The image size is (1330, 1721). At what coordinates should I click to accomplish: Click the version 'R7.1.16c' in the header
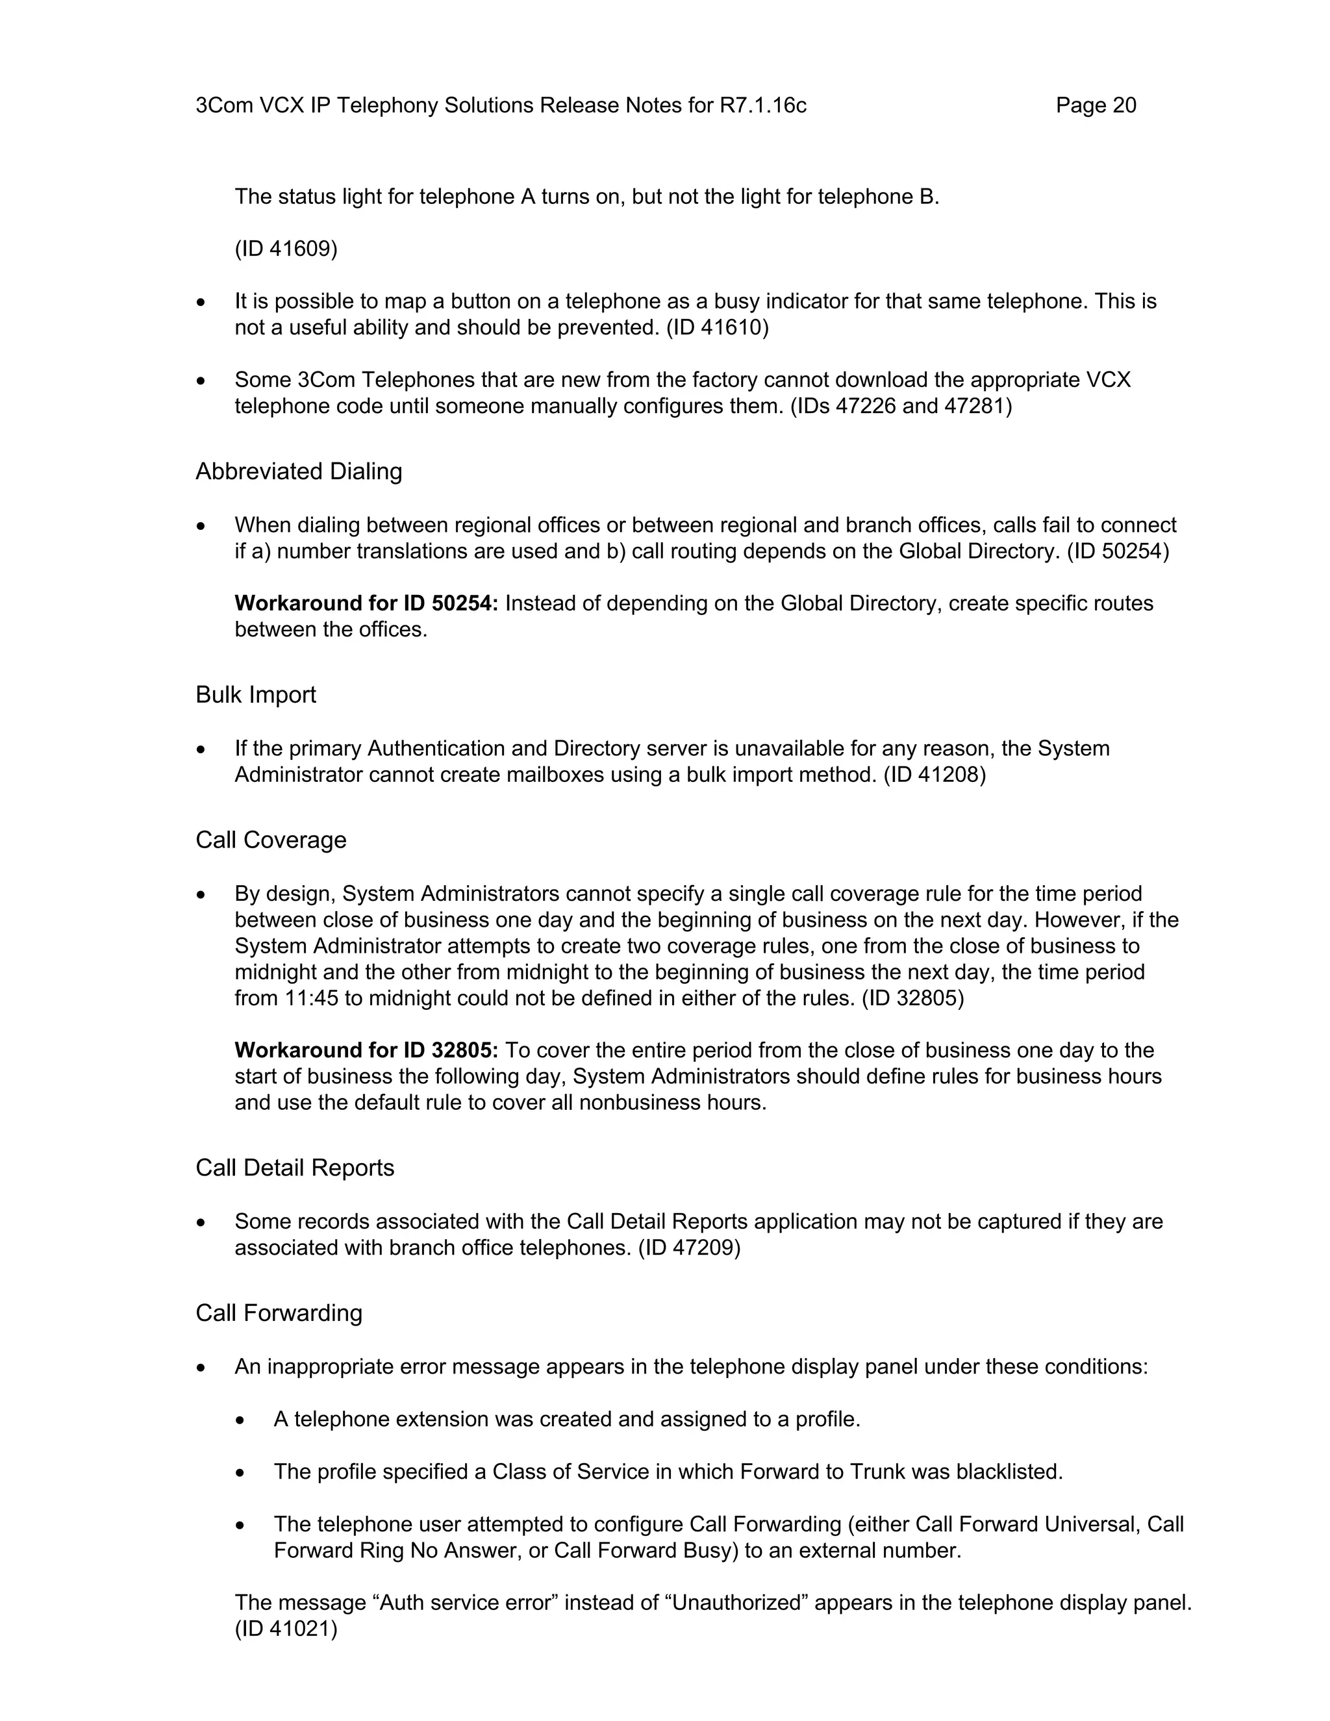(762, 106)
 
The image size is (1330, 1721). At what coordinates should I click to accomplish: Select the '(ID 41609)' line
(286, 249)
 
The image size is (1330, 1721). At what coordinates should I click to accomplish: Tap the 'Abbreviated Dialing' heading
(299, 471)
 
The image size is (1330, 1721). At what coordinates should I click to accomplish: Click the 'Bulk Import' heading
(255, 694)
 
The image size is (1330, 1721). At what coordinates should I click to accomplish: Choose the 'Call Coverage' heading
(270, 840)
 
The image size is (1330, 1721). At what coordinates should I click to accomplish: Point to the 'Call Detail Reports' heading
(295, 1168)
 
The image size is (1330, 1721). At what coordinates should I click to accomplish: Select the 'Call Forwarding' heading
(279, 1313)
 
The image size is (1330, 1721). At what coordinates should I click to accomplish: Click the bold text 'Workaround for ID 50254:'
(366, 603)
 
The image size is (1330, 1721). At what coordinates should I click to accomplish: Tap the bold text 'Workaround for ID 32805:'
(366, 1050)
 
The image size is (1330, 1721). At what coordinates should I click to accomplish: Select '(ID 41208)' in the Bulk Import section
(935, 775)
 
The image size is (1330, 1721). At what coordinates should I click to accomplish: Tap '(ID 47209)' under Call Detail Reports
(690, 1248)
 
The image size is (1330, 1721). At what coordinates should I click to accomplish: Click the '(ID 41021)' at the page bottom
(286, 1629)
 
